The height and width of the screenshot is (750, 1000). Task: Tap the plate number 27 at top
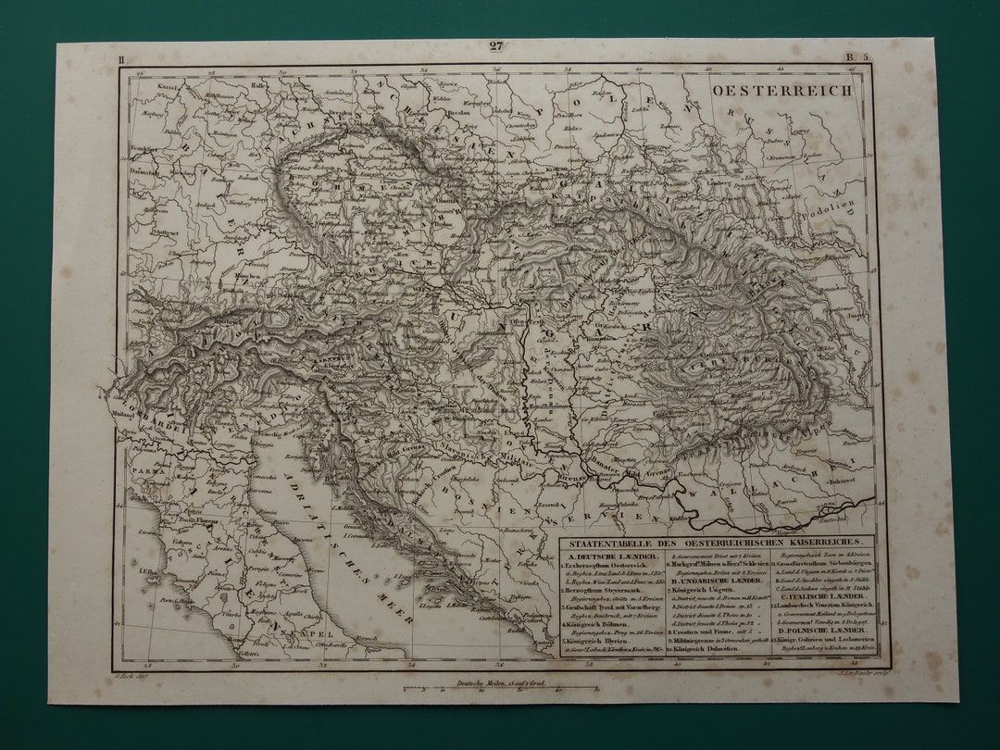click(496, 46)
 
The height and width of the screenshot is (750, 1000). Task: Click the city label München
click(244, 276)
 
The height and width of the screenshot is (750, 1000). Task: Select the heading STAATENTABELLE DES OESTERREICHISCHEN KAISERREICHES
click(716, 541)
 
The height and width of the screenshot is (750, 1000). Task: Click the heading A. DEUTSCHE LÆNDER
click(608, 556)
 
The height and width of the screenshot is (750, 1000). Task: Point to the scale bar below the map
click(498, 690)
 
